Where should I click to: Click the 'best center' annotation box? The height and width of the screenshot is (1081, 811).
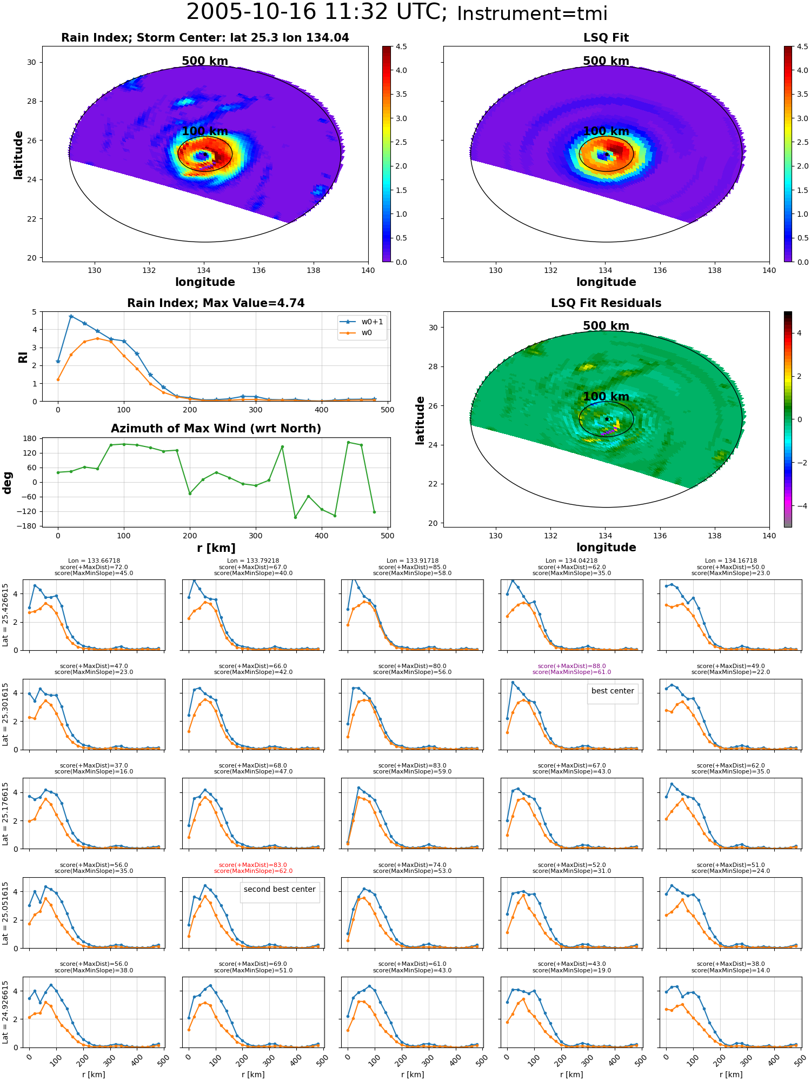point(613,694)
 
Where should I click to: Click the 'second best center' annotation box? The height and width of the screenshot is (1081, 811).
point(280,892)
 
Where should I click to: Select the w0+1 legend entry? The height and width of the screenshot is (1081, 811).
point(362,322)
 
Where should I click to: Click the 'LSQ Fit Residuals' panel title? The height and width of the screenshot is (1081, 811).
point(606,303)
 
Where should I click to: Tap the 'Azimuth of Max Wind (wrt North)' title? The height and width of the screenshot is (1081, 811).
point(216,429)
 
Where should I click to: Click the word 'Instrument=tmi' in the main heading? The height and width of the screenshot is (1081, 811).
point(532,14)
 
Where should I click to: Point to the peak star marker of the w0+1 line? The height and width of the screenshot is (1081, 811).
point(71,316)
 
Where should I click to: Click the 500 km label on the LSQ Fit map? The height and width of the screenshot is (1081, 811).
point(606,61)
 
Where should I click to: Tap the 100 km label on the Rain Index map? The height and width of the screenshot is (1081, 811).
point(205,131)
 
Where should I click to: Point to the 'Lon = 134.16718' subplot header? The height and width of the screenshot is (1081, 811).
point(731,561)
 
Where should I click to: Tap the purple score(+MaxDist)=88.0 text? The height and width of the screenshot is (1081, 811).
point(571,666)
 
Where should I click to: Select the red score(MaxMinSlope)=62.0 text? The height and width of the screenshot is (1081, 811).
point(253,871)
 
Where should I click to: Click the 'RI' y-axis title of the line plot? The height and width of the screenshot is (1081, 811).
point(23,357)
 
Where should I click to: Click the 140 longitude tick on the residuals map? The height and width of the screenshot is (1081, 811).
point(769,536)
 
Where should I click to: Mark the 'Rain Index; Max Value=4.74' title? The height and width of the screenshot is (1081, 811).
point(216,303)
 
